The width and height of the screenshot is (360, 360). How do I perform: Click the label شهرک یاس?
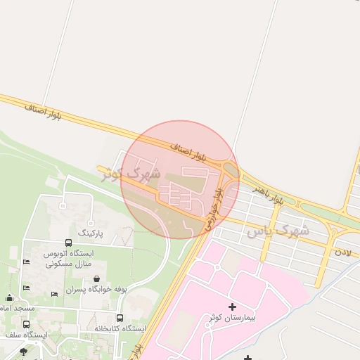278,230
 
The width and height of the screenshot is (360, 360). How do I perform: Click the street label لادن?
342,250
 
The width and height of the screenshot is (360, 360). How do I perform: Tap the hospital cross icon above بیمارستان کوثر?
232,307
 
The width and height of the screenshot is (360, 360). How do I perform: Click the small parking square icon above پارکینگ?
63,206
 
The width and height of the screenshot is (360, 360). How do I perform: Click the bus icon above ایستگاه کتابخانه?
120,318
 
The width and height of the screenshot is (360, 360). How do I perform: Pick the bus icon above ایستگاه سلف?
26,324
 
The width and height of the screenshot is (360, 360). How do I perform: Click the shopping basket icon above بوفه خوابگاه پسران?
96,278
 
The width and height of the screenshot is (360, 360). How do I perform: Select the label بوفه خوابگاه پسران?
96,289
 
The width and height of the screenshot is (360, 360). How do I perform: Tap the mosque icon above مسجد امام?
8,297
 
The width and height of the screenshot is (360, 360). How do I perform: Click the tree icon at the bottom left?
23,351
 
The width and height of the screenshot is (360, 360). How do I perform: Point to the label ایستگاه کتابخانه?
120,328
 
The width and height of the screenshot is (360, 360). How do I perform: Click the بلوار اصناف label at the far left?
44,111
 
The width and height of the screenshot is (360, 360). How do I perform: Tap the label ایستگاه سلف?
26,335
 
